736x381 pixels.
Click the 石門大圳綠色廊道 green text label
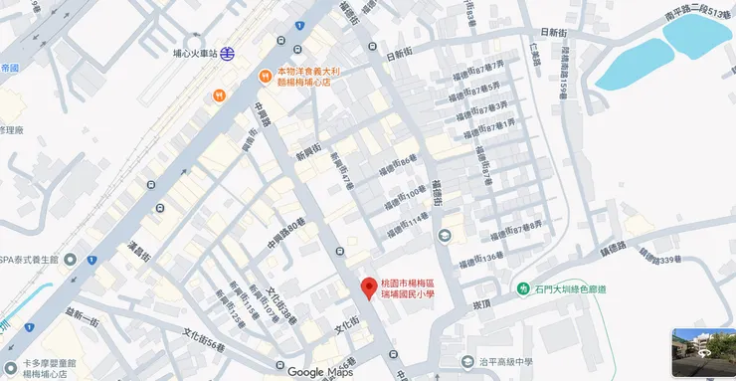574,289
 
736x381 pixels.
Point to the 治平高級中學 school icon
467,362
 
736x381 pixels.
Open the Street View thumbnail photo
703,352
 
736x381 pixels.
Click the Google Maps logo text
320,372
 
